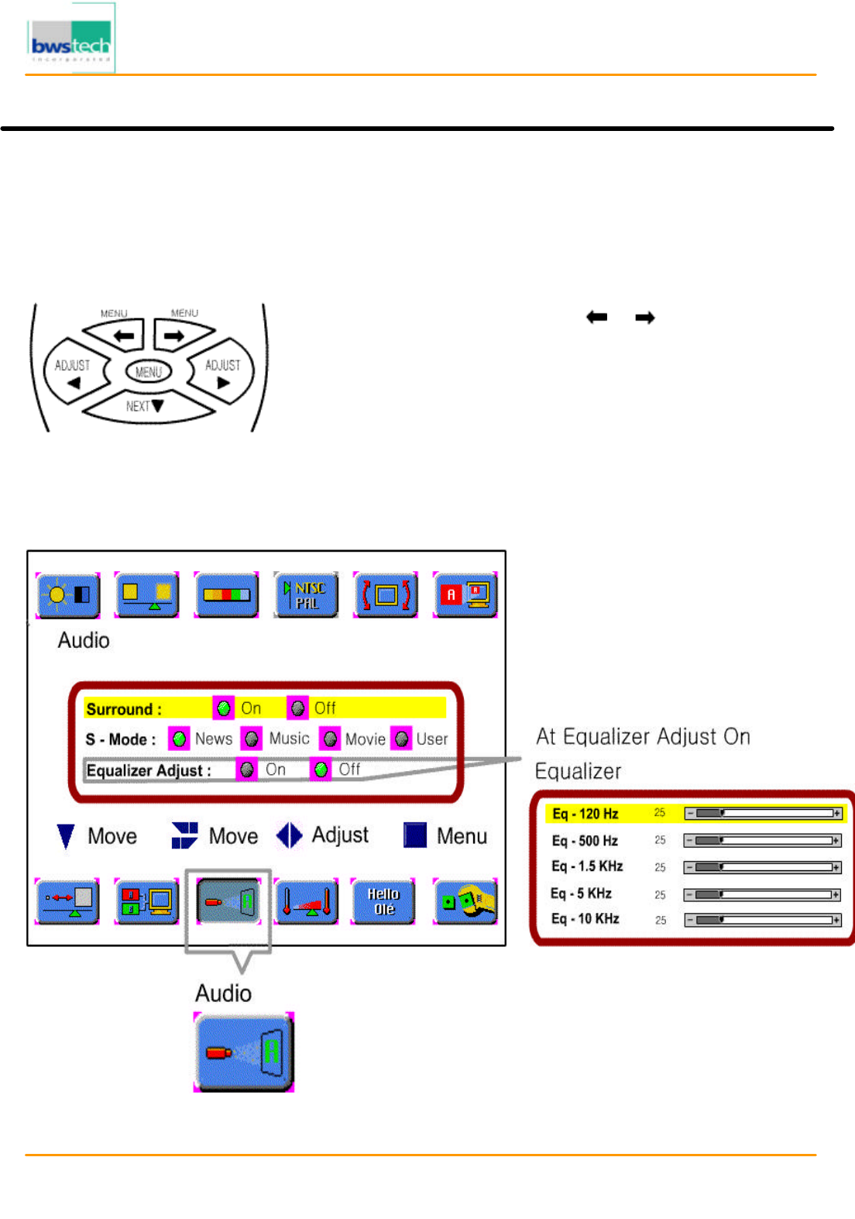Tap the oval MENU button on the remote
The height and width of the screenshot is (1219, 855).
click(149, 372)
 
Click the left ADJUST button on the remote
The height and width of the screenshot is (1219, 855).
click(73, 371)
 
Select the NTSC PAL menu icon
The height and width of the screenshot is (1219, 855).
click(306, 595)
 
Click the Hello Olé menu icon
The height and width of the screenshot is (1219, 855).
click(383, 901)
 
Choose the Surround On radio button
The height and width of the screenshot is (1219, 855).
click(224, 708)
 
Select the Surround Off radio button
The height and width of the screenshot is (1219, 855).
click(298, 708)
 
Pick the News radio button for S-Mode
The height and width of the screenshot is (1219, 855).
click(179, 739)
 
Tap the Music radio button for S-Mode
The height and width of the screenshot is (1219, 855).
click(252, 739)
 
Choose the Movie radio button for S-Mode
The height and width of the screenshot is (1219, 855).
click(331, 739)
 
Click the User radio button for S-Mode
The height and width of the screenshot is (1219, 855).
click(401, 739)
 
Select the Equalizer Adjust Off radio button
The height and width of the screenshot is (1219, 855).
click(321, 770)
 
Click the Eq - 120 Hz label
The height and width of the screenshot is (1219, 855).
click(585, 814)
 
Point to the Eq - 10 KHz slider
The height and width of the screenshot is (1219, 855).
click(762, 920)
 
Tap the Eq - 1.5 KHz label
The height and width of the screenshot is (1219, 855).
click(587, 866)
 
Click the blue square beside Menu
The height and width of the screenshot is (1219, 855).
click(415, 835)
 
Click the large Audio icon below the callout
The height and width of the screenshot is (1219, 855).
click(244, 1052)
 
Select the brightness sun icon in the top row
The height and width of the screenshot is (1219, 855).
click(68, 595)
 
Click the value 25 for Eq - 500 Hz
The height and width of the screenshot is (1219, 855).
click(660, 840)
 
